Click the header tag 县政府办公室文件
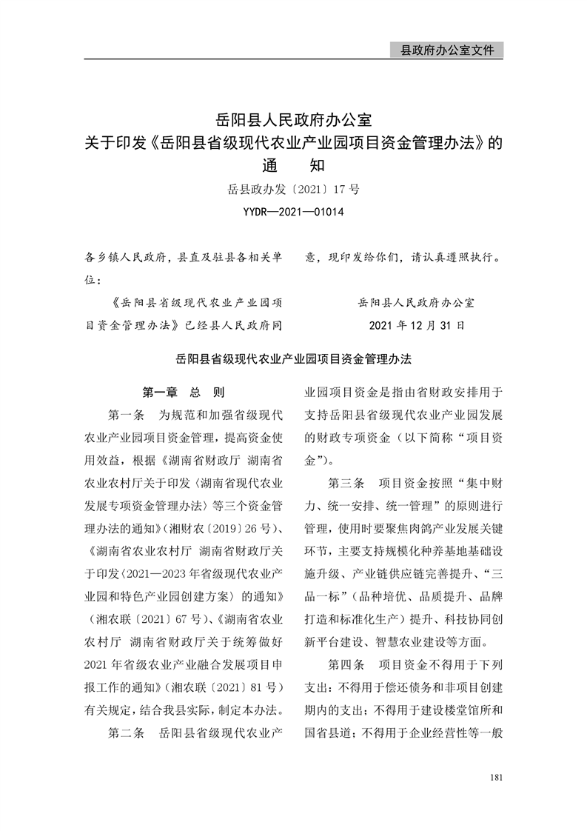[446, 50]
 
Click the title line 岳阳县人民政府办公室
[293, 119]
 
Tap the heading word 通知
[293, 166]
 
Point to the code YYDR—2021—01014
[293, 213]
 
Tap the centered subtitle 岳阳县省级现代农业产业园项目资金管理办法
[293, 358]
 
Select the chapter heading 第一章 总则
[183, 392]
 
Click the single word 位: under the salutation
[95, 281]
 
